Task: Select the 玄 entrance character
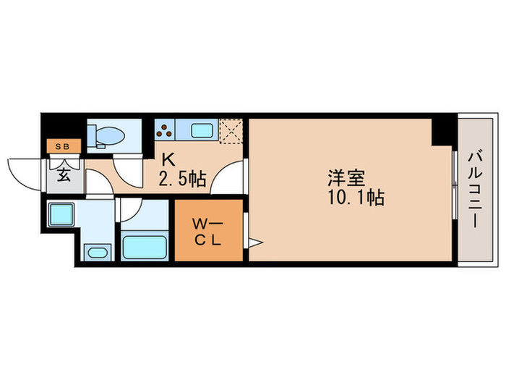(x=64, y=174)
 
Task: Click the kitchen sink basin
(x=202, y=131)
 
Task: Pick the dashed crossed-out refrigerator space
(x=231, y=131)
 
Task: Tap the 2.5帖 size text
(x=183, y=178)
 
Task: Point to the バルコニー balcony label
(x=474, y=190)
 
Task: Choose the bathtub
(x=145, y=245)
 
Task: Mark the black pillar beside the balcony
(x=442, y=131)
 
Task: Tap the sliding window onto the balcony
(x=455, y=187)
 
